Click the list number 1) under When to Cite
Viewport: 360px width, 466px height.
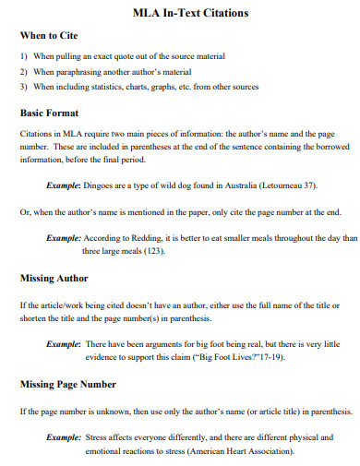coord(24,56)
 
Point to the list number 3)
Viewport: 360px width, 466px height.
coord(24,87)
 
